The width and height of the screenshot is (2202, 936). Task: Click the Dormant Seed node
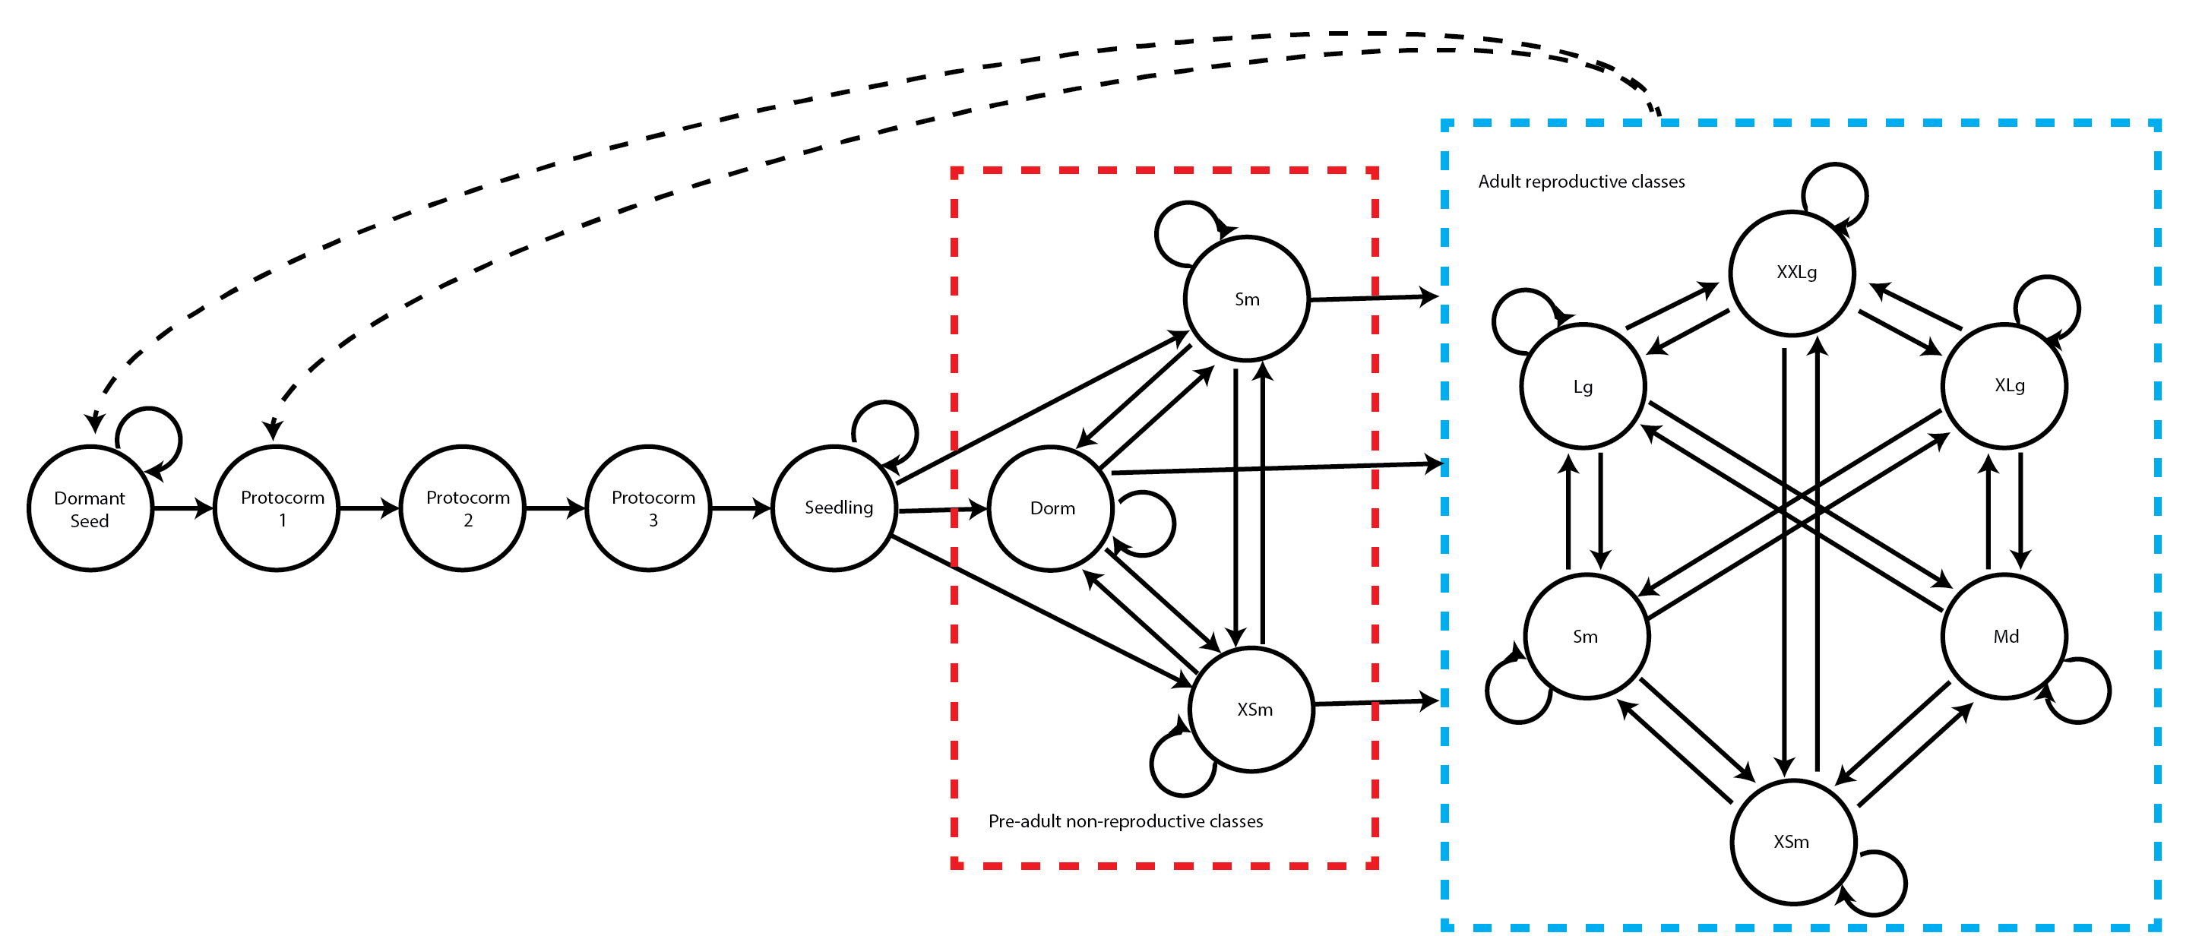click(90, 508)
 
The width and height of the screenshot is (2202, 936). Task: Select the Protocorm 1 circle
click(276, 508)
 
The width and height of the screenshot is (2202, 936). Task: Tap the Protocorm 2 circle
click(463, 508)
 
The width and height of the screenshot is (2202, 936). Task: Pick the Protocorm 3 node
click(648, 508)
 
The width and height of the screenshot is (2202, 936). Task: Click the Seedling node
click(834, 508)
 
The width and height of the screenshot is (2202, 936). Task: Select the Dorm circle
click(1051, 508)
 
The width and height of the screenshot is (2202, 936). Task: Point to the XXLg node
click(1792, 274)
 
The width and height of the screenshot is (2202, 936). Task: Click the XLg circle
click(2004, 385)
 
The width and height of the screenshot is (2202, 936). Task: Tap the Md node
click(2004, 637)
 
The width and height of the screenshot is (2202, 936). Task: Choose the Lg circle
click(1583, 387)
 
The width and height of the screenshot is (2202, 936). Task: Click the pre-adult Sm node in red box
click(1246, 299)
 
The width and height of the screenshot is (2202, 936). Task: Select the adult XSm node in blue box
click(1793, 842)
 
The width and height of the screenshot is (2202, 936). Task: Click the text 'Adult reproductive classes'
click(1581, 182)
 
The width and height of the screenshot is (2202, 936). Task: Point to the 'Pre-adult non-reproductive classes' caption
click(1125, 821)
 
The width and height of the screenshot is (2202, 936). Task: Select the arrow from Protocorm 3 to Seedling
click(740, 508)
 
